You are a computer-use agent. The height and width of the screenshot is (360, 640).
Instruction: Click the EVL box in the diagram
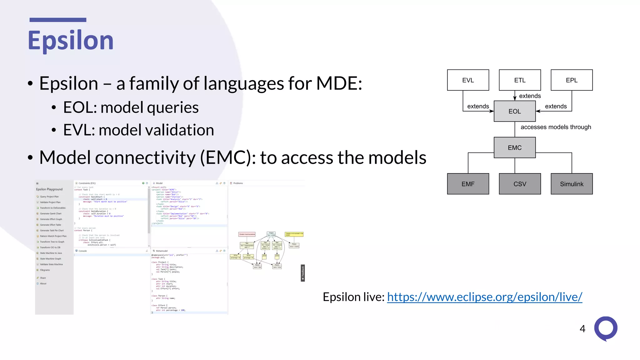(x=468, y=80)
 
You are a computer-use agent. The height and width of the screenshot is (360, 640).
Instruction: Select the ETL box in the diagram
(x=520, y=80)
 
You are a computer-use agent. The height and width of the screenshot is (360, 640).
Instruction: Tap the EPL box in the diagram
(x=572, y=80)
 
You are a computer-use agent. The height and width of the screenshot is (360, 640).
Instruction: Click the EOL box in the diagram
(x=514, y=111)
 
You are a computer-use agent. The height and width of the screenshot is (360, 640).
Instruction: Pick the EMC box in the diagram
(x=514, y=147)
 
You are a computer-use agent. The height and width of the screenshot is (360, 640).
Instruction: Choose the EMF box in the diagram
(x=468, y=184)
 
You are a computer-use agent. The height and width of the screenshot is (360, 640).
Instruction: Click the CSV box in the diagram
(x=520, y=184)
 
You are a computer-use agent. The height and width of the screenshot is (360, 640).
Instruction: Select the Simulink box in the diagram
(x=572, y=184)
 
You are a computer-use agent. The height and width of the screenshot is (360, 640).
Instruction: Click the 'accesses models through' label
(x=556, y=127)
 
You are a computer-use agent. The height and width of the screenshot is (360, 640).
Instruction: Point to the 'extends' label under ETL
(x=530, y=96)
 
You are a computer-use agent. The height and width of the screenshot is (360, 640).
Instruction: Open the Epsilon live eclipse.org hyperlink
(x=484, y=297)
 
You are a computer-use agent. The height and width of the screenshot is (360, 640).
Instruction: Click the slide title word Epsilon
(x=71, y=41)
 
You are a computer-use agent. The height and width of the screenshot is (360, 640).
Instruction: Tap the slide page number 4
(x=582, y=329)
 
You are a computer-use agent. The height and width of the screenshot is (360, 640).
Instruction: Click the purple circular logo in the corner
(x=606, y=328)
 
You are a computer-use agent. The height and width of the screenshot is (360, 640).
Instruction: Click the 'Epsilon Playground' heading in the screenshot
(x=49, y=189)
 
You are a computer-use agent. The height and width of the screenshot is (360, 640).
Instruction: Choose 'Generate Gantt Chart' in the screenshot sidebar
(x=51, y=214)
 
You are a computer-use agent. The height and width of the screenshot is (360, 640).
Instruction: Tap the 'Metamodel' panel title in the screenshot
(x=162, y=251)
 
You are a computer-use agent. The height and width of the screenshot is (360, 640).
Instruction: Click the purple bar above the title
(x=58, y=20)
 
